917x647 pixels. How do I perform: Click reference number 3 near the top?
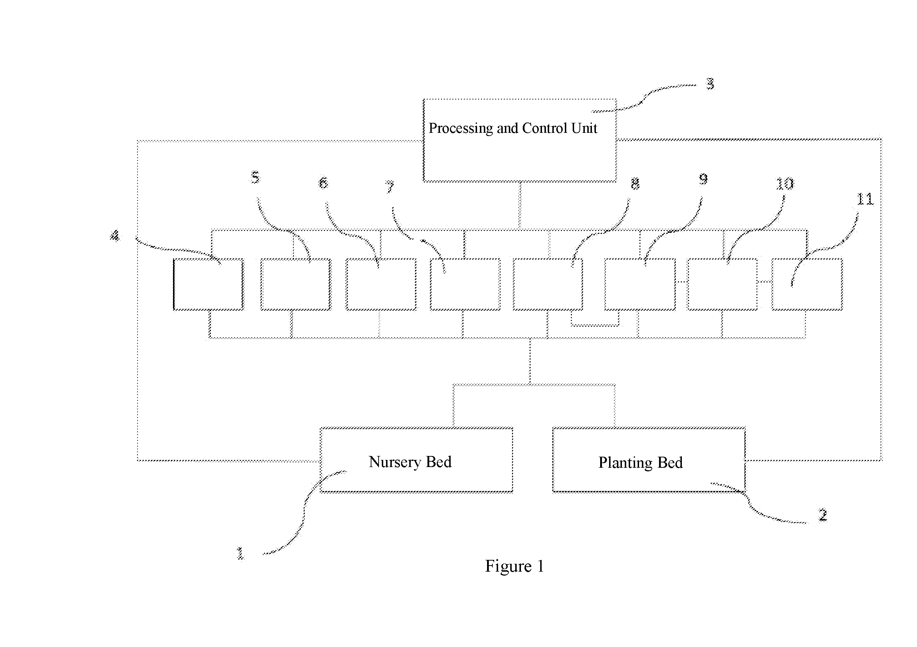(x=710, y=84)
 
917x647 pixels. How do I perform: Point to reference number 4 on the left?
(x=115, y=235)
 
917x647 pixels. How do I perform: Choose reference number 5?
(x=255, y=177)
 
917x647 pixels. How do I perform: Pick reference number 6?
(x=323, y=182)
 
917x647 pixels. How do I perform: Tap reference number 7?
(x=389, y=187)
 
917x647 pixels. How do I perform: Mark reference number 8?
(x=635, y=184)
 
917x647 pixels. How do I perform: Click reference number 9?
(x=703, y=179)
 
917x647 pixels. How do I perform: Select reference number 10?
(x=785, y=184)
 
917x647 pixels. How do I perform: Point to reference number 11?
(x=865, y=199)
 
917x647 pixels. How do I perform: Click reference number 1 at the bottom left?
(x=240, y=553)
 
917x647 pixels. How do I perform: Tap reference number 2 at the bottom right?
(x=823, y=515)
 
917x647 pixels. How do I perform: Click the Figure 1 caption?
(x=515, y=566)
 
